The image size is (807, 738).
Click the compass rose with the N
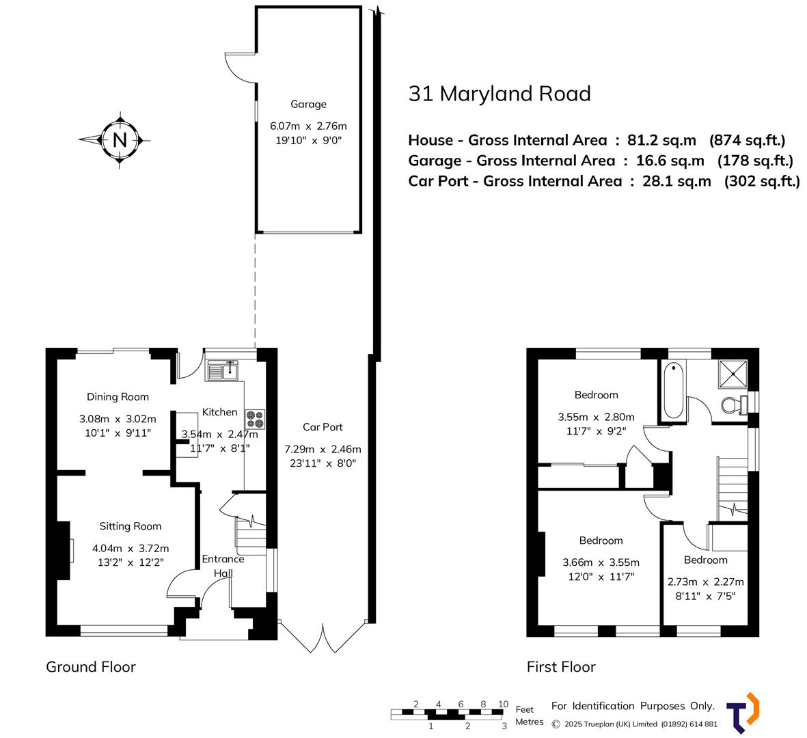120,140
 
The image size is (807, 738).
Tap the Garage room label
308,105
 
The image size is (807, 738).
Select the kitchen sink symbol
223,372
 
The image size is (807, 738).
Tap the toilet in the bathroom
734,405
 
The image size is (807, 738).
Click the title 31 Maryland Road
499,94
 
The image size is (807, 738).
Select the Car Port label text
323,427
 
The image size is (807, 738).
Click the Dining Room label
118,397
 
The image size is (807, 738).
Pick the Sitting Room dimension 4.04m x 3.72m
131,548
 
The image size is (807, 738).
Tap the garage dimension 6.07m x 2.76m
308,126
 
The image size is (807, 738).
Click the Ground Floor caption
91,667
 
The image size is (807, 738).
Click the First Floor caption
561,667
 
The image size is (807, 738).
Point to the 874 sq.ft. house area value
748,140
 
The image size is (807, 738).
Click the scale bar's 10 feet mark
503,705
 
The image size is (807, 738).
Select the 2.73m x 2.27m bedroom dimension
705,582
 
